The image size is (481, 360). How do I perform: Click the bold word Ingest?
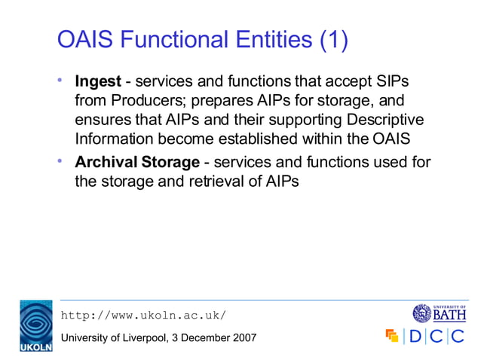coord(97,81)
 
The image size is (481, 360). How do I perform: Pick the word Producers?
coord(140,100)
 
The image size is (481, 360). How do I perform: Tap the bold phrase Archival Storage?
coord(136,162)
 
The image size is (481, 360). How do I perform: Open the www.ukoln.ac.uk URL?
coord(142,315)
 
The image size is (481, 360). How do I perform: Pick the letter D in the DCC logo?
coord(415,336)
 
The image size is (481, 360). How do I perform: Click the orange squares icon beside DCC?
coord(391,336)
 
